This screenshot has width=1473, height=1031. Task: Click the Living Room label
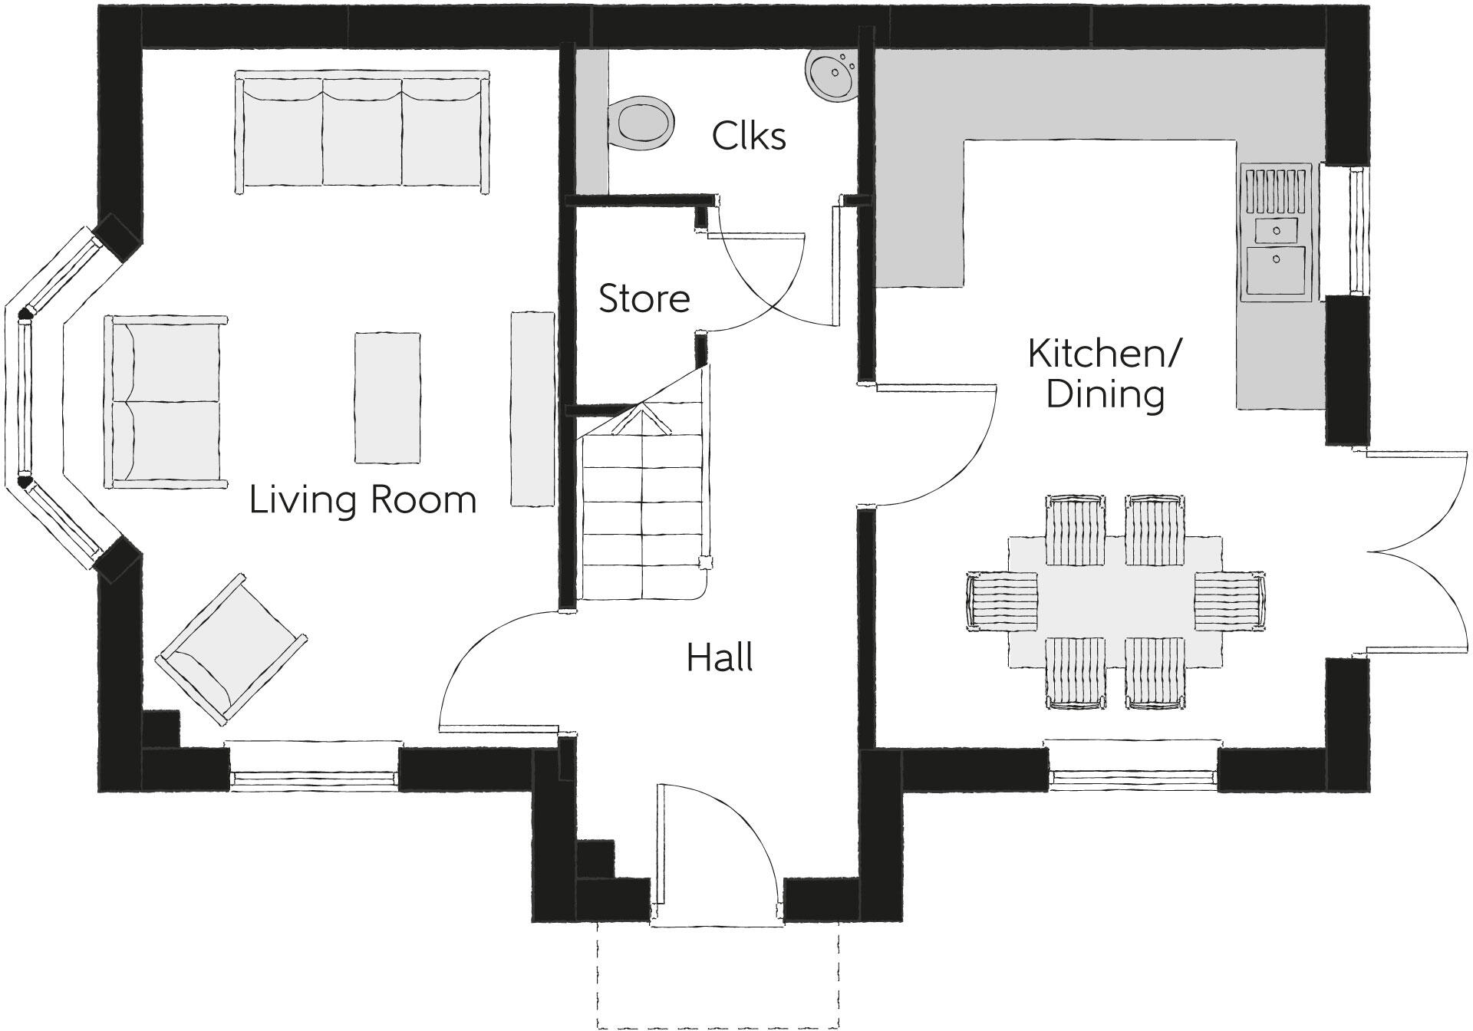click(363, 500)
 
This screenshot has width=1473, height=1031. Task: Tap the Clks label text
click(748, 137)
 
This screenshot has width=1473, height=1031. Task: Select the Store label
click(644, 298)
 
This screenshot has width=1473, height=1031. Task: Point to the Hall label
click(719, 658)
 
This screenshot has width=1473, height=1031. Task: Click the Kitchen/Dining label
click(1105, 374)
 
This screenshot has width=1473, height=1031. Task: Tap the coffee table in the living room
click(387, 397)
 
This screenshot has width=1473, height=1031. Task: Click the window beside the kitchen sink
click(1358, 230)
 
